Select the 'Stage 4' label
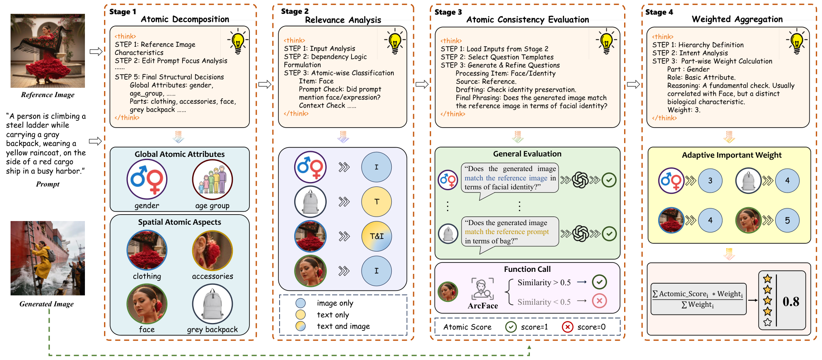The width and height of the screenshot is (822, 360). coord(659,12)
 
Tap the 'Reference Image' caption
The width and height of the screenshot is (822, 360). coord(48,95)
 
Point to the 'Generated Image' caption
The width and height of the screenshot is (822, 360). coord(47,304)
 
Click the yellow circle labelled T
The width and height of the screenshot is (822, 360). coord(377,202)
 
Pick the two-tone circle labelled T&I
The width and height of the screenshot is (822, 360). coord(377,236)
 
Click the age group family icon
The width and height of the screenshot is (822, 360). coord(213,180)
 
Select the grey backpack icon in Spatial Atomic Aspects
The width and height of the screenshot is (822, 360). coord(213,304)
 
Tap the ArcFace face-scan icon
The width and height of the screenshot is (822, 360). coord(483,289)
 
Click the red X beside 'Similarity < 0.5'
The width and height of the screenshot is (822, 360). coord(599,301)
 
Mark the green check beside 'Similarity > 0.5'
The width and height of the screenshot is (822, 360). coord(599,282)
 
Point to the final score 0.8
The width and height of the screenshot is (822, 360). coord(791,301)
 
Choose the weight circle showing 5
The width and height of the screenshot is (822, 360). coord(787,220)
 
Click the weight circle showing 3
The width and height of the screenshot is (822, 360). coord(710,181)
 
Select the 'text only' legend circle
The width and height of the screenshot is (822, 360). coord(301,314)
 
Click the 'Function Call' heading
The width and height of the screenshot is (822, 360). coord(527,269)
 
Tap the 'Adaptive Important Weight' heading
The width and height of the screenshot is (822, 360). coord(732,155)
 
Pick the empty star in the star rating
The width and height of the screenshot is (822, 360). coord(768,322)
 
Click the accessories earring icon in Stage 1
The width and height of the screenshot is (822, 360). coord(213,251)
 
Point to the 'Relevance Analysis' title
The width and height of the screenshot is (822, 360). coord(343,20)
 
